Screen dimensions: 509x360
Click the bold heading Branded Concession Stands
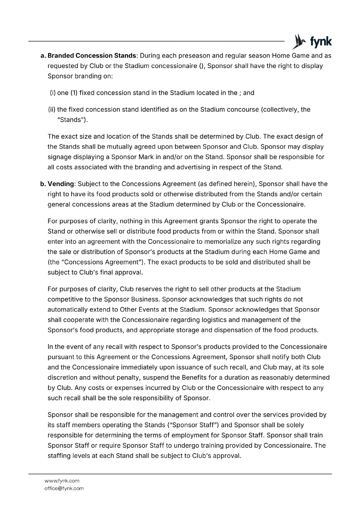click(x=92, y=56)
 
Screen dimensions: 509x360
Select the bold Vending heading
click(x=61, y=184)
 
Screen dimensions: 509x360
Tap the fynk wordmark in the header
click(x=321, y=42)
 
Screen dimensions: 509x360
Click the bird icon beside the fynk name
click(x=299, y=41)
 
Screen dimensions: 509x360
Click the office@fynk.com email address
click(x=64, y=488)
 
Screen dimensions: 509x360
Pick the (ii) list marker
click(x=52, y=109)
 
